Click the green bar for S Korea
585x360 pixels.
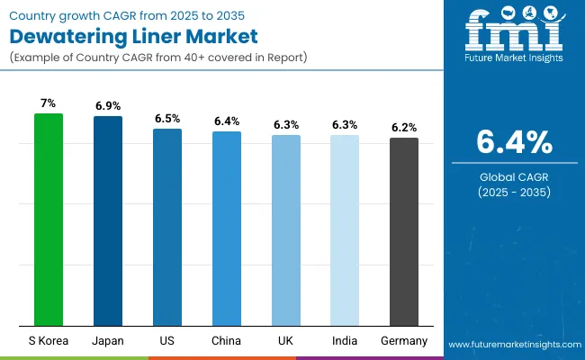click(x=49, y=220)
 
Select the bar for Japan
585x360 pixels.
click(x=108, y=221)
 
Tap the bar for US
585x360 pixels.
click(x=167, y=227)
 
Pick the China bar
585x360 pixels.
click(x=227, y=229)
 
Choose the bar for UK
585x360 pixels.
click(x=286, y=230)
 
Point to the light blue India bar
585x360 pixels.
click(x=345, y=230)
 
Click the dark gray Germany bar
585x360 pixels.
click(x=404, y=231)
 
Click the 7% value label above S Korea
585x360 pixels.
click(x=49, y=103)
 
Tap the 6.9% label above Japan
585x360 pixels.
click(x=108, y=106)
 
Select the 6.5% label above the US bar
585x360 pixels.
click(x=167, y=118)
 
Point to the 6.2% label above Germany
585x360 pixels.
click(x=404, y=128)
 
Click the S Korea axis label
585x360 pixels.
click(x=49, y=341)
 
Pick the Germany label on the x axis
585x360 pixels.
click(x=404, y=341)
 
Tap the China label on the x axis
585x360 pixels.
click(x=227, y=341)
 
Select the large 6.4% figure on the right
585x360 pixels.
click(x=514, y=142)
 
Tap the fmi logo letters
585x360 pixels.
click(x=514, y=35)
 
